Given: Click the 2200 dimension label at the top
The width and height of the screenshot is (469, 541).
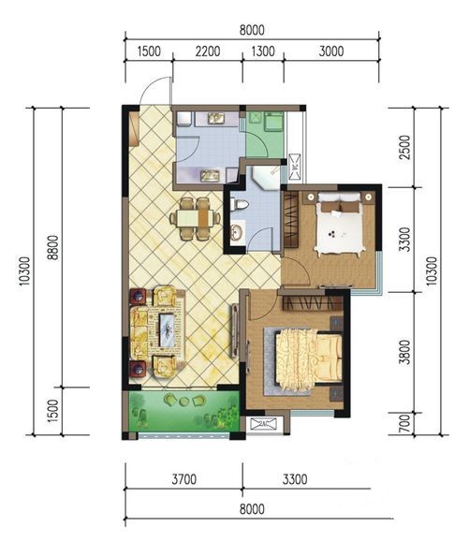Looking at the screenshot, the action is pos(208,51).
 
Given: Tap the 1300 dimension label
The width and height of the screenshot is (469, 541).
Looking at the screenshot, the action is pos(263,51).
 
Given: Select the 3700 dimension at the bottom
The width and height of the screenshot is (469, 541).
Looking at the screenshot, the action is pos(184,479).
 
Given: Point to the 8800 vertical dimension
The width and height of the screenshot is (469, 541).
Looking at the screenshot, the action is pos(53,247).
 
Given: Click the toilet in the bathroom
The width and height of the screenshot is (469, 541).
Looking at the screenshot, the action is pos(239,204).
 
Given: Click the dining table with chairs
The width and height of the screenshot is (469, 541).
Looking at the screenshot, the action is pos(195,218).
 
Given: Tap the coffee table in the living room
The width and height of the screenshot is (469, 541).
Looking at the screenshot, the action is pos(168,329).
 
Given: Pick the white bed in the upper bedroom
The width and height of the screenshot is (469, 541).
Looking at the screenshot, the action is pos(340,224).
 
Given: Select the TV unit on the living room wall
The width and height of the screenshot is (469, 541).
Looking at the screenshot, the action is pos(235,331).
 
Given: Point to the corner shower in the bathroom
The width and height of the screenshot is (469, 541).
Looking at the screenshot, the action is pos(266,177).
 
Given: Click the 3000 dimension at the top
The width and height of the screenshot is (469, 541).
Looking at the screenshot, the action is pos(331,51).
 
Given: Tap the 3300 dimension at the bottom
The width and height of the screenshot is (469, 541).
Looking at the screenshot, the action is pos(295,479).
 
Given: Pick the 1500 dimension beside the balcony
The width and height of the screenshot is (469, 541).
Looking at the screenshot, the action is pos(53,411).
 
